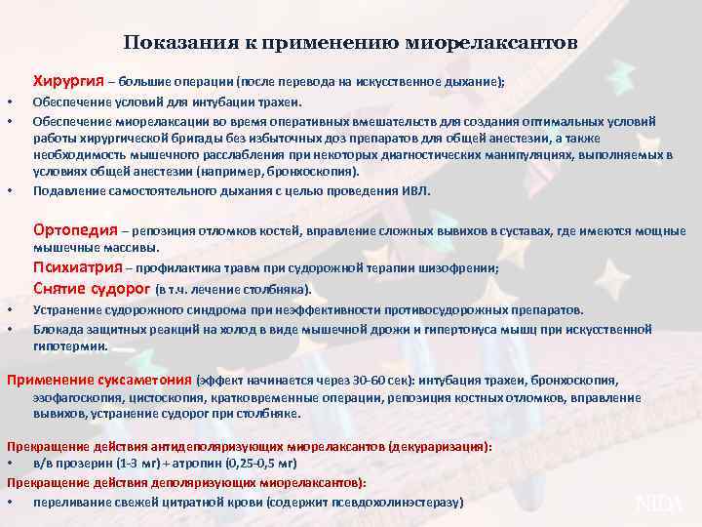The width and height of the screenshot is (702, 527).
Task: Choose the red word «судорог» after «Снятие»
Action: [x=121, y=289]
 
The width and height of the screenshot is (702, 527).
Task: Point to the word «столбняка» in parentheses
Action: [x=278, y=290]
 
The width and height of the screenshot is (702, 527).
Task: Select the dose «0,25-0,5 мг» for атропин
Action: [x=259, y=463]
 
